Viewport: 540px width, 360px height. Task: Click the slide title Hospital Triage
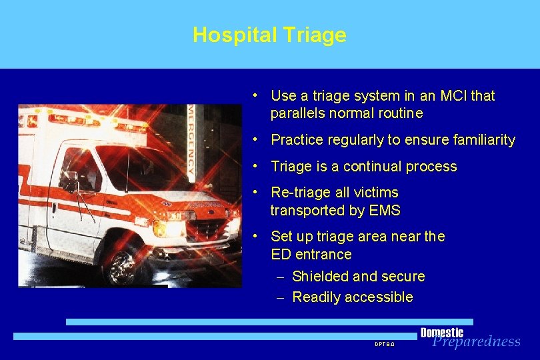[x=269, y=35]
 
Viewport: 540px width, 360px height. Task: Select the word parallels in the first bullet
[x=299, y=113]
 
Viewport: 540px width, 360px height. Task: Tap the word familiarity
[x=483, y=140]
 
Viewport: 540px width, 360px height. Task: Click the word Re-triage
[x=301, y=193]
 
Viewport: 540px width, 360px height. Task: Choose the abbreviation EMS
[x=384, y=211]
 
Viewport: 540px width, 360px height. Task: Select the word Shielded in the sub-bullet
[x=320, y=276]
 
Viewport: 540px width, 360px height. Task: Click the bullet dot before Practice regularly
[x=257, y=140]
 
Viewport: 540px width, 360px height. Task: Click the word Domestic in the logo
[x=441, y=333]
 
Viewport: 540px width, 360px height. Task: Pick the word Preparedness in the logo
[x=476, y=342]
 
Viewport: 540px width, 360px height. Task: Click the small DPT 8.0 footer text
[x=385, y=344]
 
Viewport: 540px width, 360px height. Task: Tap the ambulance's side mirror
[x=69, y=181]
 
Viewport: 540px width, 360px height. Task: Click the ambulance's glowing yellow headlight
[x=160, y=229]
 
